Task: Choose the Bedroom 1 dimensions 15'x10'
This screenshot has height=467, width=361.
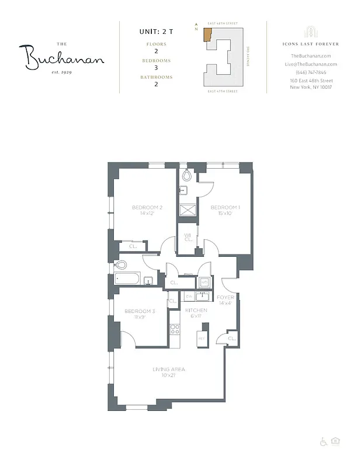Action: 225,214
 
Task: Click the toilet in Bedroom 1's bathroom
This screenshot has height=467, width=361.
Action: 187,175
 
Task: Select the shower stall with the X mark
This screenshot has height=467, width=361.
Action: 188,210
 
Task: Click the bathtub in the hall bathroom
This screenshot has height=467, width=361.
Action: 128,279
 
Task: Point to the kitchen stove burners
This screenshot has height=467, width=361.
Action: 174,329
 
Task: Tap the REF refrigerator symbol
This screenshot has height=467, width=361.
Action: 202,339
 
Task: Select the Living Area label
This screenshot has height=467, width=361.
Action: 169,368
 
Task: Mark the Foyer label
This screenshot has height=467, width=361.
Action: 225,297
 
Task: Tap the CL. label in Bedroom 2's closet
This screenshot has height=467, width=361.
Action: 132,247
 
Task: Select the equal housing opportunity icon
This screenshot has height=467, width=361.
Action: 335,441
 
